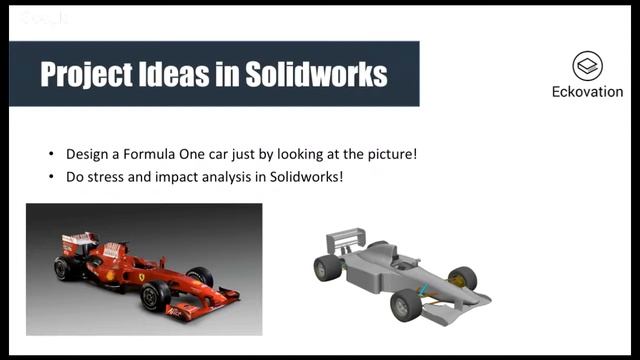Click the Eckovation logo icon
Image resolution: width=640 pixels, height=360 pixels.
(587, 67)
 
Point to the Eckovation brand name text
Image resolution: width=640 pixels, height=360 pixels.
(587, 92)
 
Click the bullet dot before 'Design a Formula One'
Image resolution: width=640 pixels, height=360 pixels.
(51, 155)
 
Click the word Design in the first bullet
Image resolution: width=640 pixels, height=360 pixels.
(86, 155)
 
